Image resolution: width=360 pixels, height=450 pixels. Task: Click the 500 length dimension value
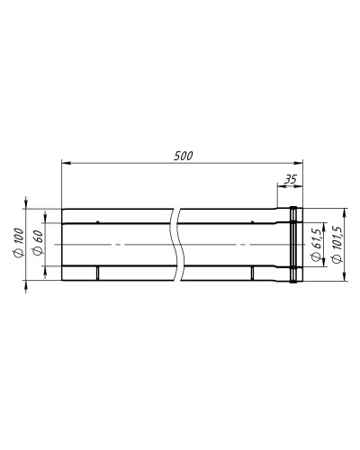click(184, 156)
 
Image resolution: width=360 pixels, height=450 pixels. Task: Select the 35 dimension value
click(290, 179)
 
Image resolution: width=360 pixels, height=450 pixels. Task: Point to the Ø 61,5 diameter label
click(317, 246)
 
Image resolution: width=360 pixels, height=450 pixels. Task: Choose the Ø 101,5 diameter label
click(337, 245)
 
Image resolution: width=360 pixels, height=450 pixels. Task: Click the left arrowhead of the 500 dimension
click(66, 163)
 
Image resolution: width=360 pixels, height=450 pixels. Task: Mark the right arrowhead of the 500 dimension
click(298, 163)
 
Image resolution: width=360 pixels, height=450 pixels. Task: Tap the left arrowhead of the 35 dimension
click(281, 186)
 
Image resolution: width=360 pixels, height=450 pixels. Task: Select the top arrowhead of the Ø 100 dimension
click(26, 204)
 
